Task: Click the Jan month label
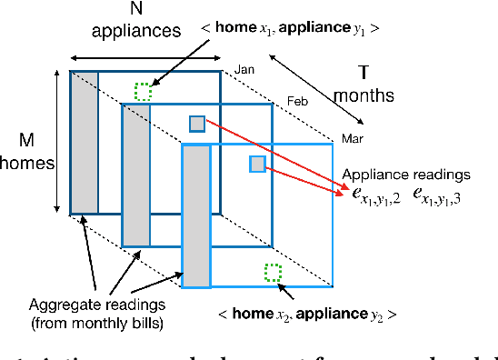(244, 69)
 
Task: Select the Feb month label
(297, 101)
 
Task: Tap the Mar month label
(352, 138)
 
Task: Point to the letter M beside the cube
(28, 139)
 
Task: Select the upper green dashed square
(143, 91)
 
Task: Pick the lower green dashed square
(271, 271)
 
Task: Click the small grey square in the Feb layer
(197, 125)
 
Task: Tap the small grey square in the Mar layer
(257, 164)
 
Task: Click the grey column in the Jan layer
(85, 141)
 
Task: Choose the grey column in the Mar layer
(195, 215)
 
